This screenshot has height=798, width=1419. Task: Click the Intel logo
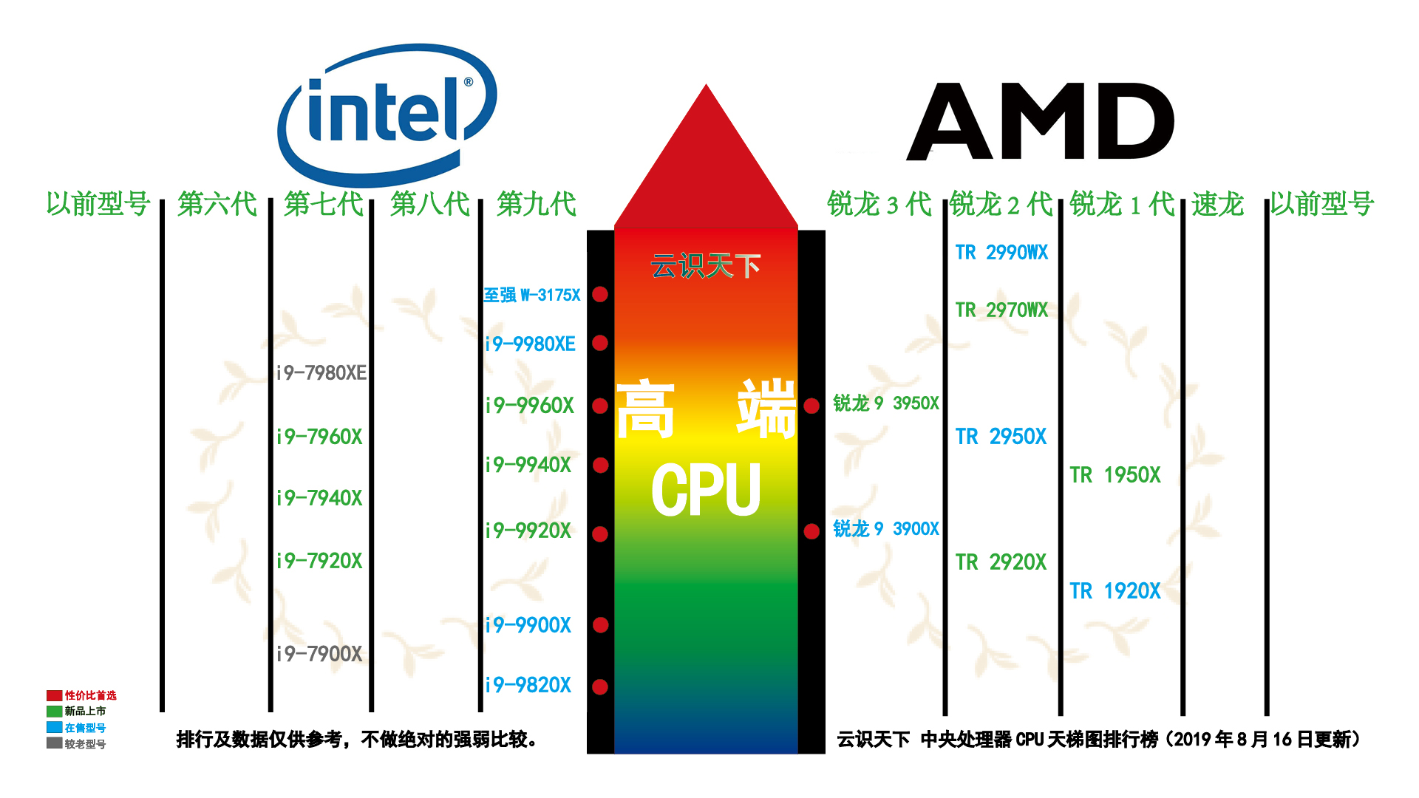pyautogui.click(x=387, y=115)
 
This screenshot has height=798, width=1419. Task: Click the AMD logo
pyautogui.click(x=1041, y=121)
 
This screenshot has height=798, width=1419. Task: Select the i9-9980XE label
pyautogui.click(x=530, y=344)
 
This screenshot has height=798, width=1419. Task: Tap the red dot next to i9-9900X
pyautogui.click(x=600, y=625)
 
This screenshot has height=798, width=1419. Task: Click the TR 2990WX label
pyautogui.click(x=1001, y=253)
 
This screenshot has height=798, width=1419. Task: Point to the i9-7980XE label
pyautogui.click(x=321, y=372)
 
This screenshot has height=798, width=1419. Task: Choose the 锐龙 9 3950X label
pyautogui.click(x=886, y=403)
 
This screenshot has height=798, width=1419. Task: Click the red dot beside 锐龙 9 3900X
pyautogui.click(x=811, y=531)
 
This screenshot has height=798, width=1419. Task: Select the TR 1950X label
pyautogui.click(x=1115, y=475)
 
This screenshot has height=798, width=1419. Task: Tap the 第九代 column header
pyautogui.click(x=537, y=204)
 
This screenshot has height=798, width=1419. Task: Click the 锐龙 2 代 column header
pyautogui.click(x=1001, y=204)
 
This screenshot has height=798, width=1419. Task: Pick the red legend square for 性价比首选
pyautogui.click(x=54, y=695)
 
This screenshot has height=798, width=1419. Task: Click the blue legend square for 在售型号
pyautogui.click(x=54, y=727)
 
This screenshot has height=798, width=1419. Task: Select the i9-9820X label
pyautogui.click(x=528, y=685)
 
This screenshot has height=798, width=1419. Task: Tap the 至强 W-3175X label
pyautogui.click(x=532, y=295)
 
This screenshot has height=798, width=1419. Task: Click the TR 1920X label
pyautogui.click(x=1115, y=591)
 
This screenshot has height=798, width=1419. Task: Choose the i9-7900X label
pyautogui.click(x=319, y=654)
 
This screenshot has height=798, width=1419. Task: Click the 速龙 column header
pyautogui.click(x=1217, y=204)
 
